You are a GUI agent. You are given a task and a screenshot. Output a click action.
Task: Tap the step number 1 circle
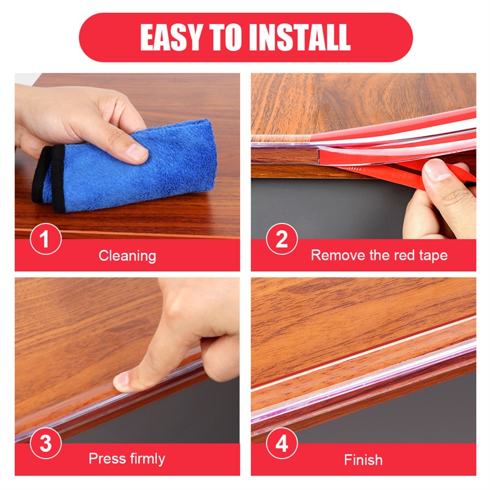[x=45, y=239]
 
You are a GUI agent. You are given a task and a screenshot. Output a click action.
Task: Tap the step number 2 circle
[x=282, y=239]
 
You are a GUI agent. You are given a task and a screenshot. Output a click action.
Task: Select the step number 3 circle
[x=45, y=444]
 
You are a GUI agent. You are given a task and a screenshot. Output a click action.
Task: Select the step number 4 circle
[x=282, y=444]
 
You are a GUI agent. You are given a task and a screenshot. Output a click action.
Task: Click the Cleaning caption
[x=127, y=255]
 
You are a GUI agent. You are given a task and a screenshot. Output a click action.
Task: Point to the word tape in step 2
[x=433, y=255]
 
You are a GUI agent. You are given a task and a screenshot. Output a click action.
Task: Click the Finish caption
[x=363, y=459]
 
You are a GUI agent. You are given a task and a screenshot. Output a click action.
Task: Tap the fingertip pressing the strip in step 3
[x=125, y=381]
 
